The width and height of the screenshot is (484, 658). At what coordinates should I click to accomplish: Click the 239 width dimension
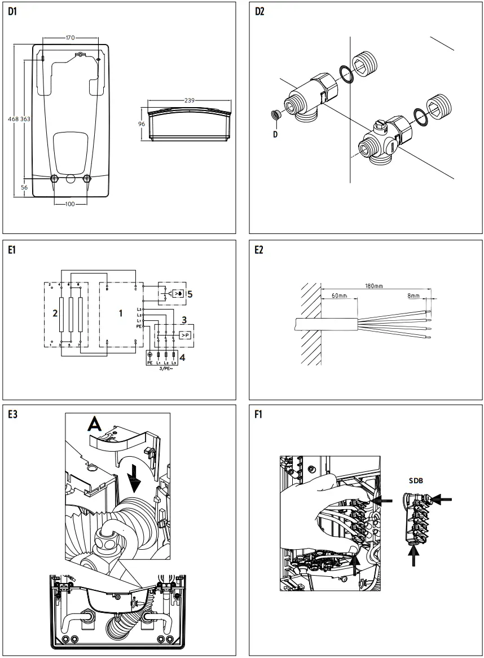(190, 100)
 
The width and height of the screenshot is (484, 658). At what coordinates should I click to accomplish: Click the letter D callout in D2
(275, 134)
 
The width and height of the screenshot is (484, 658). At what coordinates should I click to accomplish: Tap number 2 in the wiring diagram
(55, 313)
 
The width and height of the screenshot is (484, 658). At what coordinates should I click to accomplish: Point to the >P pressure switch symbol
(184, 335)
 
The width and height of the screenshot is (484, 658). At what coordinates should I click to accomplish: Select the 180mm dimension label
(373, 286)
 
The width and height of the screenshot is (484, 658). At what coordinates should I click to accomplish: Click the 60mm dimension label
(339, 296)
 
